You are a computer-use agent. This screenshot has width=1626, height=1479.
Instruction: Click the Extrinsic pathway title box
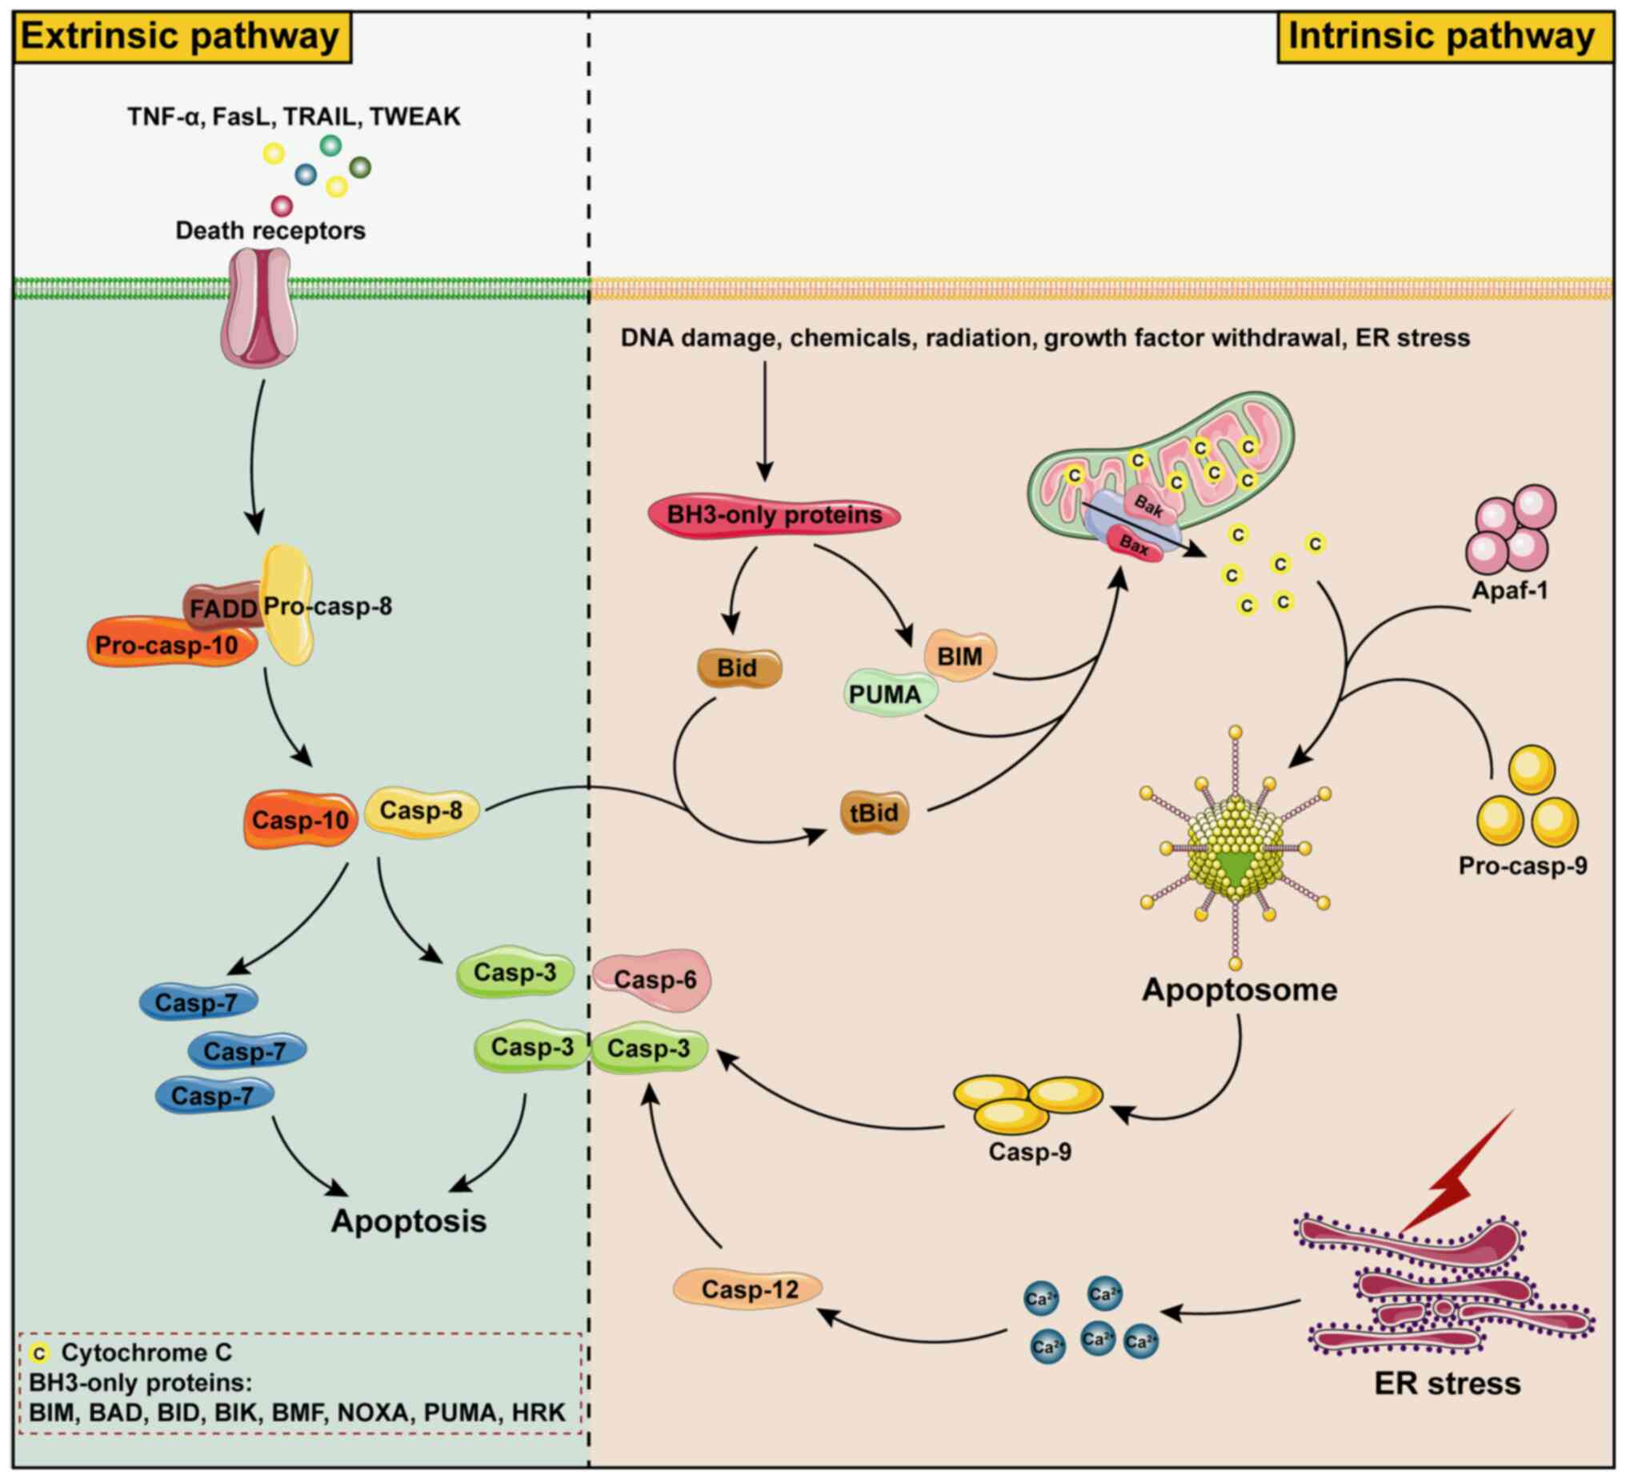(181, 37)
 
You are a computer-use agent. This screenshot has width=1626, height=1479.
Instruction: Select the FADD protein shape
(221, 606)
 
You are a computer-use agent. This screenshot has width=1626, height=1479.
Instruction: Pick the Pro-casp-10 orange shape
(170, 645)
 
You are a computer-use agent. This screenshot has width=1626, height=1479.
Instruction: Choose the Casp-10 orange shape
(300, 820)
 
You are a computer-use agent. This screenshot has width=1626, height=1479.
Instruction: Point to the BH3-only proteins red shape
(775, 514)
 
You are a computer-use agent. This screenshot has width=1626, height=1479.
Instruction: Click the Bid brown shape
(737, 668)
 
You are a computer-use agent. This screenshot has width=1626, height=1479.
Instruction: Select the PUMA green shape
(887, 694)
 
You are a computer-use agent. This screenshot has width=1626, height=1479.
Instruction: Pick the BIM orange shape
(959, 656)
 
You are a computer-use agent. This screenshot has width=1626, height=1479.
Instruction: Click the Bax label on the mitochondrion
(1134, 546)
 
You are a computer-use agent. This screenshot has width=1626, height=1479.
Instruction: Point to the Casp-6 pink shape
(654, 979)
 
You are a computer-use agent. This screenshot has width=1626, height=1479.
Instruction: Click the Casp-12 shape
(749, 1289)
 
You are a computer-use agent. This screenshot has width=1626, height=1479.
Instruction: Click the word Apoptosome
(1239, 989)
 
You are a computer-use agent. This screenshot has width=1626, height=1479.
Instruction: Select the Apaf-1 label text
(1510, 590)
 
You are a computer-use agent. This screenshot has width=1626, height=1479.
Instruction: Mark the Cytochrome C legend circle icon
(39, 1353)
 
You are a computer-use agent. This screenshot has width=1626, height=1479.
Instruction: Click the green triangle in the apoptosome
(1233, 865)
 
